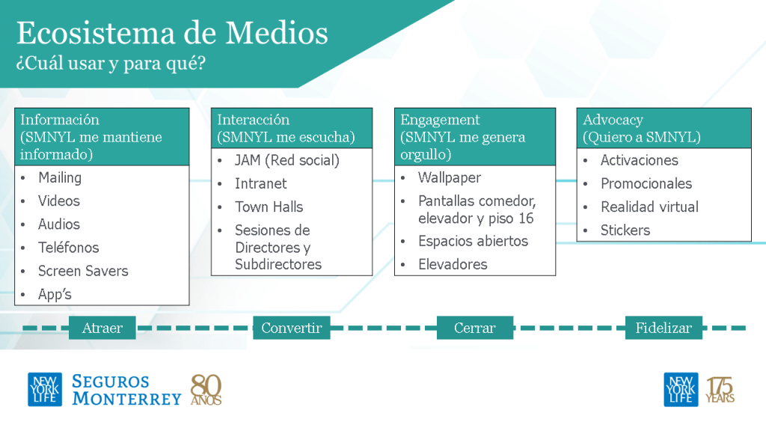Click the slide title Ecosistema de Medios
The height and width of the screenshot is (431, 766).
(172, 33)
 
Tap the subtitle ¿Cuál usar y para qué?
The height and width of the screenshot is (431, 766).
(111, 63)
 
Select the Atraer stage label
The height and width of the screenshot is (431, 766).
(102, 328)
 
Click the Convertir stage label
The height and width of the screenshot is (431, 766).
(291, 328)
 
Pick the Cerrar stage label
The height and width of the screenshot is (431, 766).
(475, 328)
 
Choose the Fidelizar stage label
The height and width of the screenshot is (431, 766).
(664, 328)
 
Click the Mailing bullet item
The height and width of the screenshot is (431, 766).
(60, 178)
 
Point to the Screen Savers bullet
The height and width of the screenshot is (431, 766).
(83, 271)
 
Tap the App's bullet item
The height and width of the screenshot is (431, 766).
(55, 294)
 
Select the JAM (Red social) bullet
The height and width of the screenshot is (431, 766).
(287, 160)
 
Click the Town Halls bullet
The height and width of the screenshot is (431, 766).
(269, 207)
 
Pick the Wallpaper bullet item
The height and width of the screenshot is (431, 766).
(450, 178)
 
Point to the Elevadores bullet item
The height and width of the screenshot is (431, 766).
(453, 264)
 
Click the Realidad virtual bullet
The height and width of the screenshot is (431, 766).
(649, 207)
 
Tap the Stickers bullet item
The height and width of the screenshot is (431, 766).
(625, 230)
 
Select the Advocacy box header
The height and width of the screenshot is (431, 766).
(664, 129)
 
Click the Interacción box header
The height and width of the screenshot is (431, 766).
(292, 129)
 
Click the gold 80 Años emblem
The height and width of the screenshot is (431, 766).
(206, 390)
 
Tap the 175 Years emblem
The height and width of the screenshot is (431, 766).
(720, 390)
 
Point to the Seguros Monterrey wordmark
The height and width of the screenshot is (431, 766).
(126, 390)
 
